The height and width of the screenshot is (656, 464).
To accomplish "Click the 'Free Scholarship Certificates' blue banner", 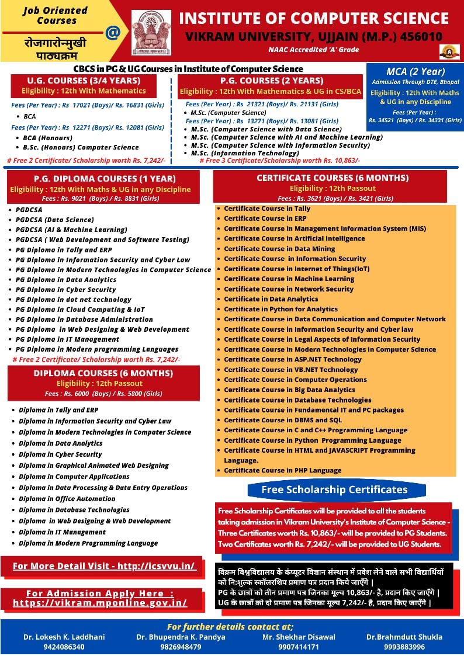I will point(334,490).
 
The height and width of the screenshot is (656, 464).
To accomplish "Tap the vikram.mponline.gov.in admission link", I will point(100,603).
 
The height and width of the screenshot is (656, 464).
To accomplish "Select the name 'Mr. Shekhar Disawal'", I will point(290,637).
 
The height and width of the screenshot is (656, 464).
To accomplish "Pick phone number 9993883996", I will point(404,647).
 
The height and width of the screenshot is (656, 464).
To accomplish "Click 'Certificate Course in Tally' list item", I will point(267,209).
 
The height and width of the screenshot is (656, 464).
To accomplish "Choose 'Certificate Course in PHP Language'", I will point(283,470).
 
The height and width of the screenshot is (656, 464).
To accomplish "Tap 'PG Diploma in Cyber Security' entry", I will point(66,290).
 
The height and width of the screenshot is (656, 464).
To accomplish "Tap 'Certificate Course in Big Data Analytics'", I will point(289,390).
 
